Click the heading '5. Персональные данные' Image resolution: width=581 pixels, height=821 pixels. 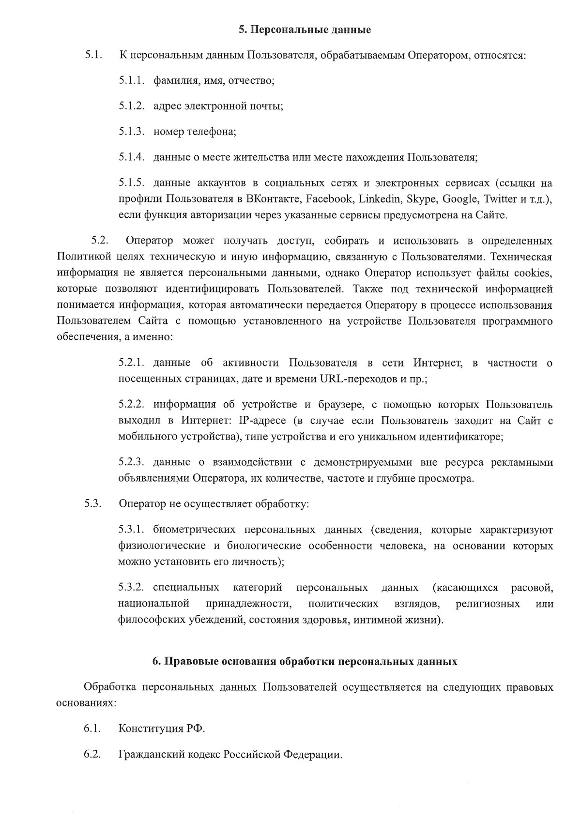coord(305,30)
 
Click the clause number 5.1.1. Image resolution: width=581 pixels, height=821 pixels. coord(132,80)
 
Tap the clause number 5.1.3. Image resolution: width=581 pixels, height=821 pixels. coord(132,131)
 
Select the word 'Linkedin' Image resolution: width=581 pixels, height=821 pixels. coord(379,199)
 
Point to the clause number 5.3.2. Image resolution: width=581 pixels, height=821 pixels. coord(132,588)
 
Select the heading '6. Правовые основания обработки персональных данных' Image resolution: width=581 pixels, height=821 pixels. coord(305,661)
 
